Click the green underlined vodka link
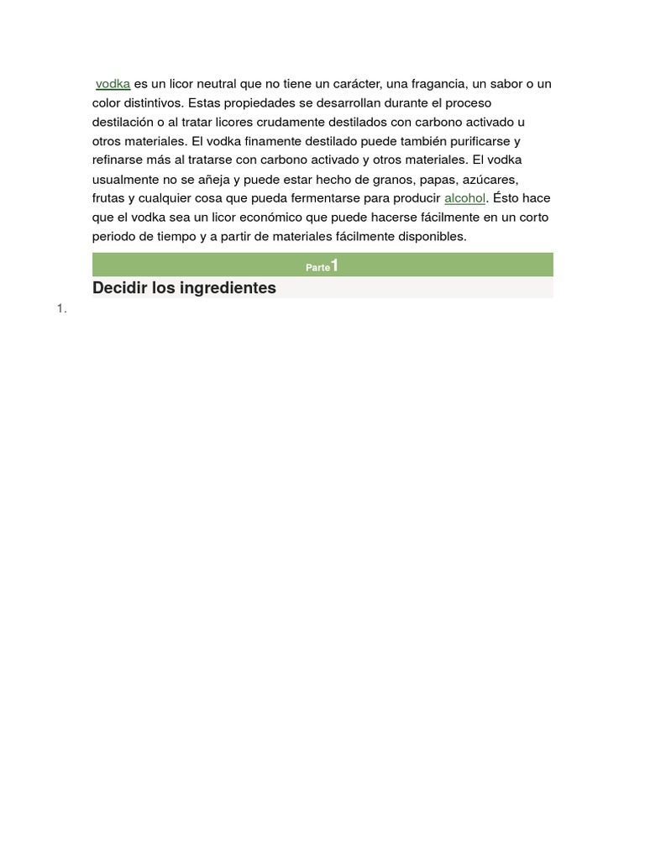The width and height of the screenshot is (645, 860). click(113, 84)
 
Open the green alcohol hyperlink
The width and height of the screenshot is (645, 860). click(464, 198)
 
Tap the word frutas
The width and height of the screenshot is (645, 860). click(108, 198)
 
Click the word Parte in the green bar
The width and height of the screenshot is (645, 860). click(317, 267)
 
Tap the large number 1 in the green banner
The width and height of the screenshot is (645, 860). click(334, 265)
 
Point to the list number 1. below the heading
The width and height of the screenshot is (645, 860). click(61, 309)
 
